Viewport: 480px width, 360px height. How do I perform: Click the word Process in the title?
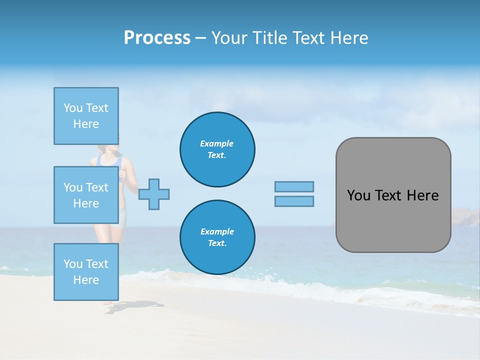click(157, 38)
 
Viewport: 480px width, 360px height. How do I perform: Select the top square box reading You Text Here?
click(86, 116)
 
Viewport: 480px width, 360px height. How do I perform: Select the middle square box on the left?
click(86, 195)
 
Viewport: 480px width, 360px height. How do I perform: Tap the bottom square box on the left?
click(86, 271)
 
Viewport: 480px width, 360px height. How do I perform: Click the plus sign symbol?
click(154, 194)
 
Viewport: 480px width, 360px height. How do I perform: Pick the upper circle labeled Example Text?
click(217, 149)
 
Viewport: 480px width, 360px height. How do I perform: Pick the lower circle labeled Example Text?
click(217, 237)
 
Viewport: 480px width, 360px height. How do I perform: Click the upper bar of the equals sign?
click(294, 186)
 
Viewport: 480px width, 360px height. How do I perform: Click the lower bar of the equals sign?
click(294, 201)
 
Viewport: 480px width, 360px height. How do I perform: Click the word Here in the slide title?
click(350, 38)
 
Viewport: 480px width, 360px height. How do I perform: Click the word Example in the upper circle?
click(217, 143)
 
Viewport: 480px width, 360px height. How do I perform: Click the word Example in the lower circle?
click(217, 231)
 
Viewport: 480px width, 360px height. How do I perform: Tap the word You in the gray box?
click(358, 195)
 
